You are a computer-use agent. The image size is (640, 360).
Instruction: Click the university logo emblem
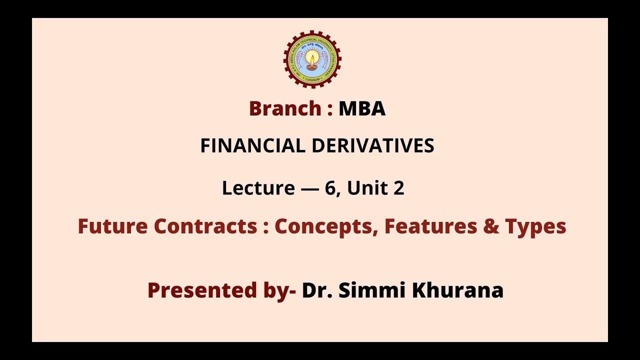coord(312,59)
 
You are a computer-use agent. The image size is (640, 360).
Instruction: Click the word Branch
coord(285,108)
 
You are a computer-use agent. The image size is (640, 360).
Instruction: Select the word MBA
coord(362,108)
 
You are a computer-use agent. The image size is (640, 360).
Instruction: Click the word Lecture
coord(258,188)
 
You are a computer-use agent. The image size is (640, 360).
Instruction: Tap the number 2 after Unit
coord(398,188)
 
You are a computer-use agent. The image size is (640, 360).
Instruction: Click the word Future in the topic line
coord(112,226)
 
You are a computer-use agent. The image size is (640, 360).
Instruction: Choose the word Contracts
coord(205,226)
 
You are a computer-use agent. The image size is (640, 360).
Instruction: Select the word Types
coord(535,227)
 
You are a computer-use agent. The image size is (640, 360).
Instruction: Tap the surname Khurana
coord(457,290)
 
